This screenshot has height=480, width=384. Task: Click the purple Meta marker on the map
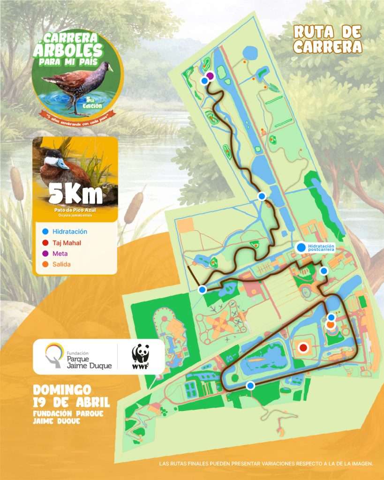coord(210,75)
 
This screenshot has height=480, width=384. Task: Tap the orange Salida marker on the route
coord(331,324)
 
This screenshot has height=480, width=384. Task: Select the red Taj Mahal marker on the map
coord(303,347)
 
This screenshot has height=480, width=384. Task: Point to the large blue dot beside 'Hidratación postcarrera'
coord(301,247)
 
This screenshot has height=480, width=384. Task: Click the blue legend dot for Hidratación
coord(45,232)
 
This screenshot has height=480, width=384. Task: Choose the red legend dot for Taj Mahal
coord(45,242)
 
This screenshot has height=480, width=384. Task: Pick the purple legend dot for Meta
coord(45,254)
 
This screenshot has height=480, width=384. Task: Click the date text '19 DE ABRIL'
coord(72,402)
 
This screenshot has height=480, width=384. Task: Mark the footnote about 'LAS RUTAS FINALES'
coord(266,464)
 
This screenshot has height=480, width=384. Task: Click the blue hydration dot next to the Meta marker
coord(204,81)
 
